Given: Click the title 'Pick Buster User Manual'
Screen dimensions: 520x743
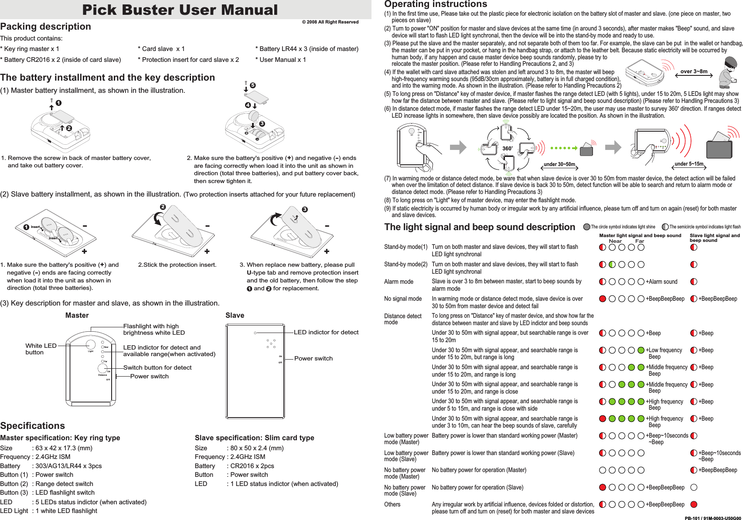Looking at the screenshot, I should (180, 10).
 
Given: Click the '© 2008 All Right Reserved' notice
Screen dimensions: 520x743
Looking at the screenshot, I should (330, 22).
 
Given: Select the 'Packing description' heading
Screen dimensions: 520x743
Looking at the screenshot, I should (46, 27).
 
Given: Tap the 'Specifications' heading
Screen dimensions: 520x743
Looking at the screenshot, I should (33, 426).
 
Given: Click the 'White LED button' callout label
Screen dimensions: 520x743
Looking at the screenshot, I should (41, 349).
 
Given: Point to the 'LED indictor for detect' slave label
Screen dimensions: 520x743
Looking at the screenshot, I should (326, 332).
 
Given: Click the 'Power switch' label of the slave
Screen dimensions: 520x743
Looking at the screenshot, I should (313, 358).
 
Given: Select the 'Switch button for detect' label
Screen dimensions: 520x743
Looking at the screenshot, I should (157, 367).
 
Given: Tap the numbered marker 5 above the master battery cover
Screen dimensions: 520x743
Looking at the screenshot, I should (252, 85).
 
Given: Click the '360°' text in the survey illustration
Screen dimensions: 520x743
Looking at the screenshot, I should (507, 149).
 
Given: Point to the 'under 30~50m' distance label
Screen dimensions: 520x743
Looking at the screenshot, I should (559, 164).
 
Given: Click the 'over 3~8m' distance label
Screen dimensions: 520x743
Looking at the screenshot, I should (694, 71).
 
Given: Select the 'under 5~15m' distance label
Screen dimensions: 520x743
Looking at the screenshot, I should (689, 164).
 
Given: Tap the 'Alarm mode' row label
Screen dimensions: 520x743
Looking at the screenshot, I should (399, 282).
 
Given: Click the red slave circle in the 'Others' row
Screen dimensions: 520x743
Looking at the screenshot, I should (694, 504).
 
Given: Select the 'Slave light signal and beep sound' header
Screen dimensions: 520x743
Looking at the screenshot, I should (715, 238).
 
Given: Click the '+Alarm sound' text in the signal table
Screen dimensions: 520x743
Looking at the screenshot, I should (661, 282).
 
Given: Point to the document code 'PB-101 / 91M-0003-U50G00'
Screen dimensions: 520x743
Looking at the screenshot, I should (712, 518).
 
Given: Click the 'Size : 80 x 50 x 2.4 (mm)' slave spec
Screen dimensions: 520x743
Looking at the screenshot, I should (239, 448).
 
